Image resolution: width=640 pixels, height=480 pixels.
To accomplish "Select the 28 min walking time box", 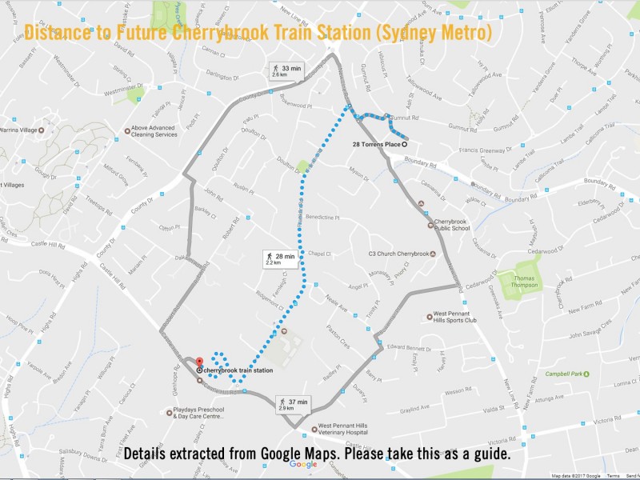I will point(280,258).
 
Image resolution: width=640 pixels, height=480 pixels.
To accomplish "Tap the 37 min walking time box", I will point(293,404).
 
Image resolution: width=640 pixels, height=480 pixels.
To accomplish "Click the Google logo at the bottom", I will point(303,464).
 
